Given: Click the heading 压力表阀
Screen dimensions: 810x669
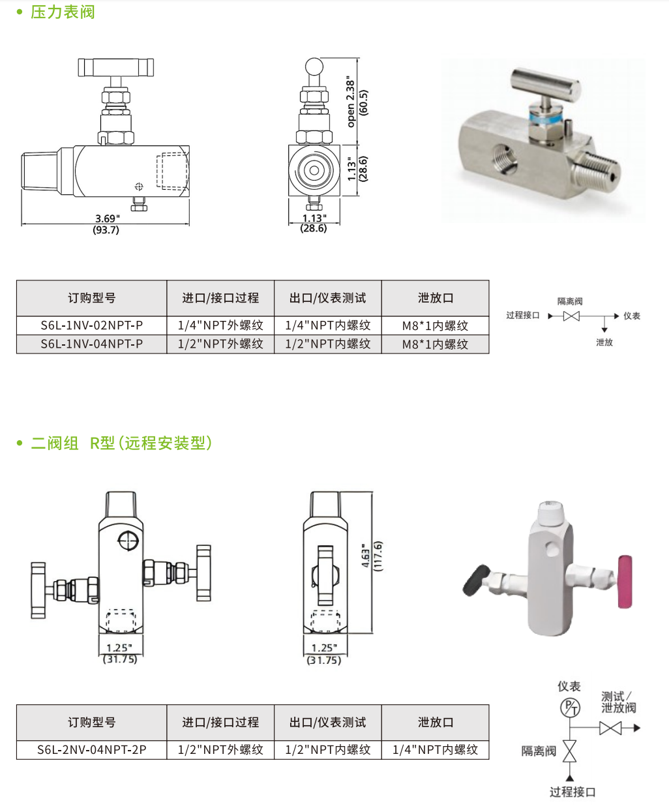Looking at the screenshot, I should pyautogui.click(x=63, y=12).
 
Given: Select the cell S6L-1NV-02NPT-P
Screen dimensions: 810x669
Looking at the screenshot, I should pyautogui.click(x=91, y=325).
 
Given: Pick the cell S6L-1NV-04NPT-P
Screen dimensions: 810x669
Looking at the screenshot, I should pyautogui.click(x=91, y=344).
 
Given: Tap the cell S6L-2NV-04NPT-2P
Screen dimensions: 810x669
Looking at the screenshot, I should pyautogui.click(x=91, y=750).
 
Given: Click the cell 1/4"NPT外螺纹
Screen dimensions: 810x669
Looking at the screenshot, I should pyautogui.click(x=220, y=325).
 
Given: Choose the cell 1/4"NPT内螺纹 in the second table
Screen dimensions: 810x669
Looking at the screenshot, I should pyautogui.click(x=435, y=750).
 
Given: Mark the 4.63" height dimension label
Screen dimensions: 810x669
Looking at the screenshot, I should pyautogui.click(x=366, y=558).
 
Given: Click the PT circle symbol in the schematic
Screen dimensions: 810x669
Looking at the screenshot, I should pyautogui.click(x=570, y=708).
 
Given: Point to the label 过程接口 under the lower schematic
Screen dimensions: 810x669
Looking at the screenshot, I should pyautogui.click(x=572, y=792).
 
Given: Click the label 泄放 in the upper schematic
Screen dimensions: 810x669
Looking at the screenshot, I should pyautogui.click(x=604, y=342).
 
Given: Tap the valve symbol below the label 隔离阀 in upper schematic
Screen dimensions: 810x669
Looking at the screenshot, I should pyautogui.click(x=571, y=316).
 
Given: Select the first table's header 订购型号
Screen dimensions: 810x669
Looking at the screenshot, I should pyautogui.click(x=91, y=298).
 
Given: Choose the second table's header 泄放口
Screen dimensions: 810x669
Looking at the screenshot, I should pyautogui.click(x=435, y=723).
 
